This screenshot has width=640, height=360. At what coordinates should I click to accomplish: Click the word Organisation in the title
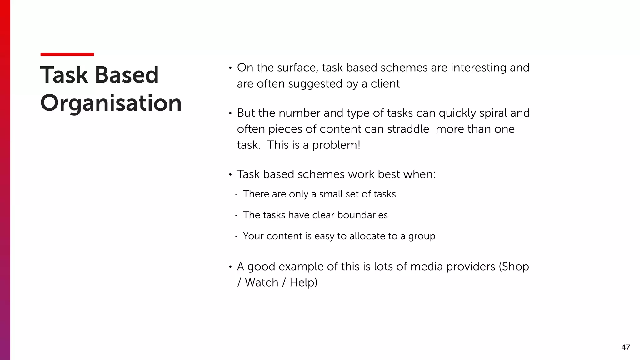(x=111, y=103)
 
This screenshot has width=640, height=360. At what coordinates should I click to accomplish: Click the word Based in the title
(x=127, y=75)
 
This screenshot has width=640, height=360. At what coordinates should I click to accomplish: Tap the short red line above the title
(x=67, y=54)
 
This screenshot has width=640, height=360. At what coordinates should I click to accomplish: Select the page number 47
(x=625, y=347)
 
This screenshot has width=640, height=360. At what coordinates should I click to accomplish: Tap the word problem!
(x=336, y=145)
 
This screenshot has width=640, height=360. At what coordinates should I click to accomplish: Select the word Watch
(x=262, y=283)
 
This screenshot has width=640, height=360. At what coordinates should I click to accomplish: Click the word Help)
(x=303, y=283)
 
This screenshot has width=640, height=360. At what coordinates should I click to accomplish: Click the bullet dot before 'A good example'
(x=230, y=267)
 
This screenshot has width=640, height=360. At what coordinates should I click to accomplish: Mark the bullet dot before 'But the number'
(x=230, y=113)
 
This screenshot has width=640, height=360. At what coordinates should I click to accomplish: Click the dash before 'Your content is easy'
(x=237, y=236)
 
